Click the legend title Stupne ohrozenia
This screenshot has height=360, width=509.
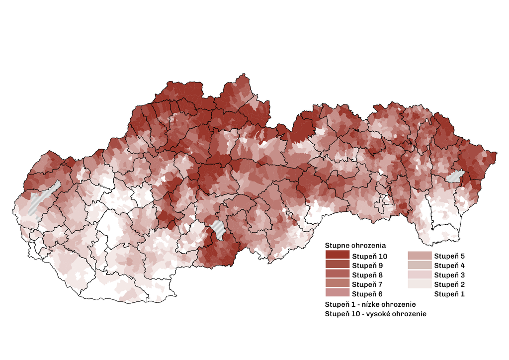(355, 246)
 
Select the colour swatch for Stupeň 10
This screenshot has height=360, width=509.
(337, 256)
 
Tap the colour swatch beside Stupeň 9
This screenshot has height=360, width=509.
(337, 265)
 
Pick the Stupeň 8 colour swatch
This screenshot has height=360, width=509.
(337, 274)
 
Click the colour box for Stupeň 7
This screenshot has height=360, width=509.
(337, 284)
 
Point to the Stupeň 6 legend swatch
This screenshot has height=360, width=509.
(337, 293)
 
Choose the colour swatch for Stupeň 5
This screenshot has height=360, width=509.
(419, 256)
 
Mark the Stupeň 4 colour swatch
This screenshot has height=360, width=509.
(419, 265)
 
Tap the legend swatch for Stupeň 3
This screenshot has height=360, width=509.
(419, 274)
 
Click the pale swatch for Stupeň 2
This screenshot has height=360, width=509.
(419, 284)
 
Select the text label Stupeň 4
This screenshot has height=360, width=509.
(449, 266)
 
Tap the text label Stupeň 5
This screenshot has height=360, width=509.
(449, 256)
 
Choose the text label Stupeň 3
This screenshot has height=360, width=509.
(449, 275)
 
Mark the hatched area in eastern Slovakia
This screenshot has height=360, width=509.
(455, 176)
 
